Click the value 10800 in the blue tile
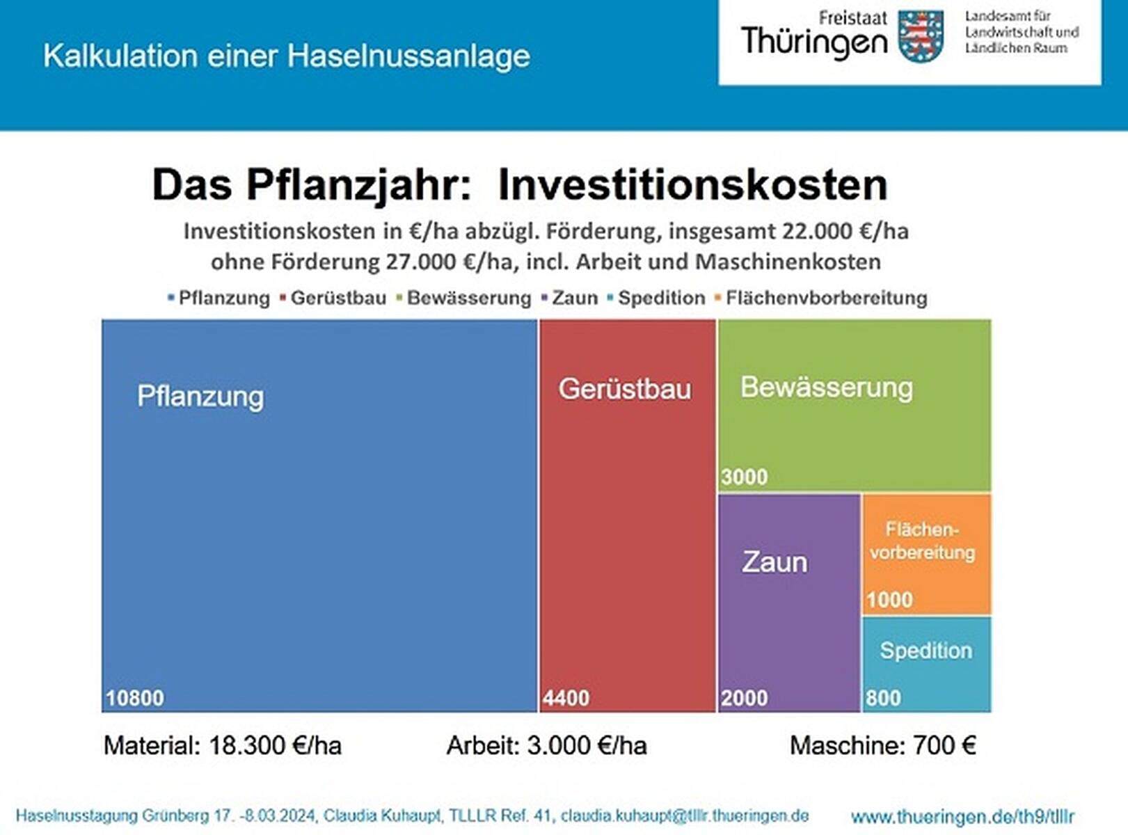[135, 698]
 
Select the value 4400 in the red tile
[566, 698]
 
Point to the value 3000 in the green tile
[744, 477]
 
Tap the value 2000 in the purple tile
[744, 698]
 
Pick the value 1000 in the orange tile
[889, 600]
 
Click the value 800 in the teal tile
[883, 698]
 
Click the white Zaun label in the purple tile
[774, 562]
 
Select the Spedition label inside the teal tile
[926, 651]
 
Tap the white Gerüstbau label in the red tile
[625, 389]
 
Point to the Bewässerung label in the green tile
[827, 387]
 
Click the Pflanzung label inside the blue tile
[200, 396]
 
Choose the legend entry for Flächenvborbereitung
[826, 298]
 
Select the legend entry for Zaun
[574, 298]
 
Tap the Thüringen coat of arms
[920, 36]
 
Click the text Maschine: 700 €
[882, 746]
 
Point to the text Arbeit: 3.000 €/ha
[546, 746]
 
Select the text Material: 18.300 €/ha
[223, 746]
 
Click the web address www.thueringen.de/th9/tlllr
[962, 817]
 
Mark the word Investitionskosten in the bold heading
[692, 185]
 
